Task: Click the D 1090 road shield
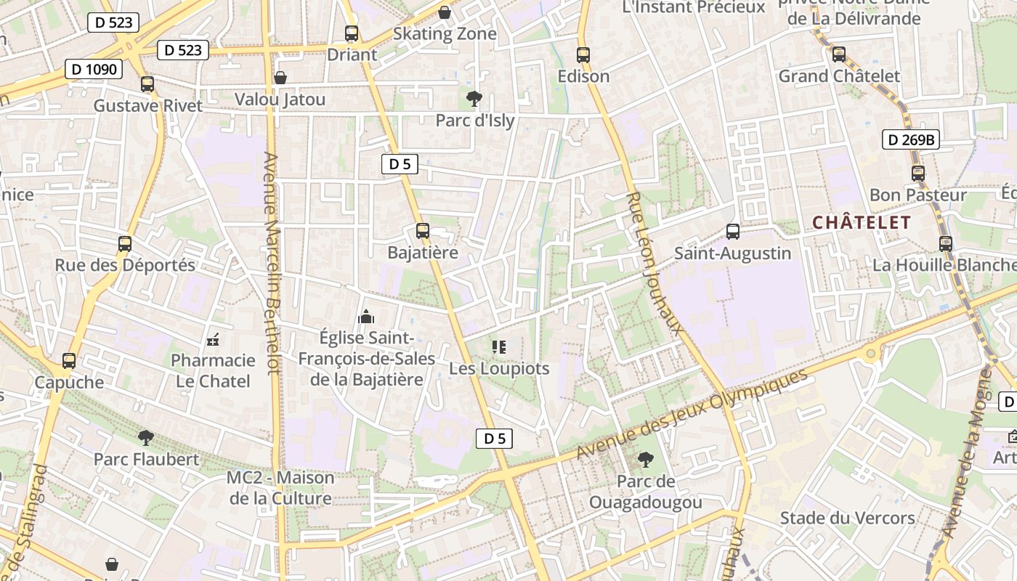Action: pyautogui.click(x=93, y=70)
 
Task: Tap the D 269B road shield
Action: pyautogui.click(x=911, y=139)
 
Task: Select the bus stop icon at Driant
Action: pyautogui.click(x=352, y=33)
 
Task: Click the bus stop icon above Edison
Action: pyautogui.click(x=583, y=55)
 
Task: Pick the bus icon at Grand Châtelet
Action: pyautogui.click(x=839, y=54)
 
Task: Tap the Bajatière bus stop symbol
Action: pyautogui.click(x=423, y=232)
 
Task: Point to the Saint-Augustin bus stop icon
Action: pyautogui.click(x=733, y=232)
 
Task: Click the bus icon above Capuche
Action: pyautogui.click(x=69, y=361)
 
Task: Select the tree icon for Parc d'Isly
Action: pyautogui.click(x=474, y=99)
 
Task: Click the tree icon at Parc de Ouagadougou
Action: pyautogui.click(x=645, y=460)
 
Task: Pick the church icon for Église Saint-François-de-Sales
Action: pyautogui.click(x=366, y=317)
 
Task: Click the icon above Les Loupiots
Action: pyautogui.click(x=498, y=347)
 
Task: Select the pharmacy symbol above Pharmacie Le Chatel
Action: pyautogui.click(x=213, y=339)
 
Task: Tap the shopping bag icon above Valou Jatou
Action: pyautogui.click(x=280, y=78)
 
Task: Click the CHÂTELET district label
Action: pyautogui.click(x=862, y=223)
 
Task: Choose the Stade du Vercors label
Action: pyautogui.click(x=847, y=518)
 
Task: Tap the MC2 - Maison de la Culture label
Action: pyautogui.click(x=280, y=488)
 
